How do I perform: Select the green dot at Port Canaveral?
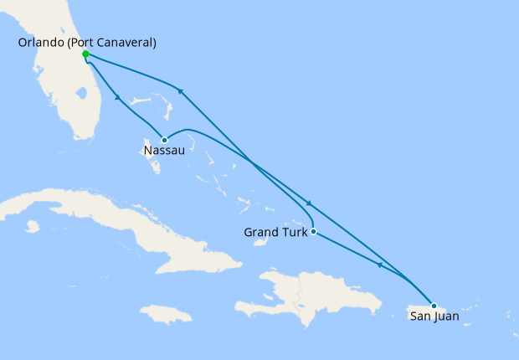pos(85,54)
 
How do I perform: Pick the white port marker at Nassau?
pos(165,140)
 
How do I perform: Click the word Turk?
pos(294,232)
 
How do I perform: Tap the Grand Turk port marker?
pos(312,231)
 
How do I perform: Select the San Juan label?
pos(434,316)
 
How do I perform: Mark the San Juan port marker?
pos(434,305)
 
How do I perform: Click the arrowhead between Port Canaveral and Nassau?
pos(119,98)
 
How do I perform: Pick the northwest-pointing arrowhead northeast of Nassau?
pos(178,90)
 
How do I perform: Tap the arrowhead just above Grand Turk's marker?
pos(310,204)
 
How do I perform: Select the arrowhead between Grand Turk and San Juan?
pos(379,265)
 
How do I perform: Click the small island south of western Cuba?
pos(33,226)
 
